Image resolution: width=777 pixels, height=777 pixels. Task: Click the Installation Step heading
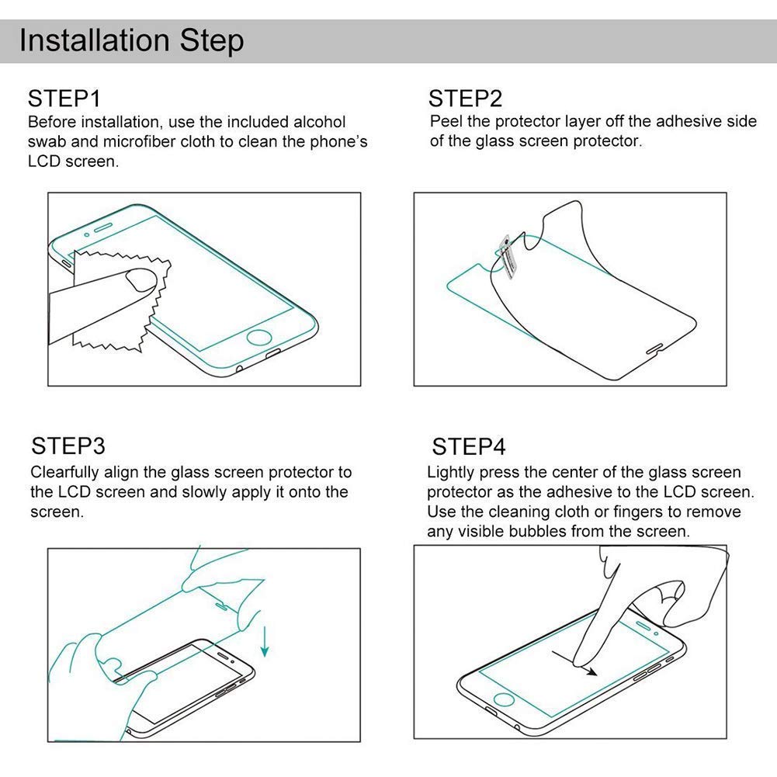[x=131, y=40]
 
